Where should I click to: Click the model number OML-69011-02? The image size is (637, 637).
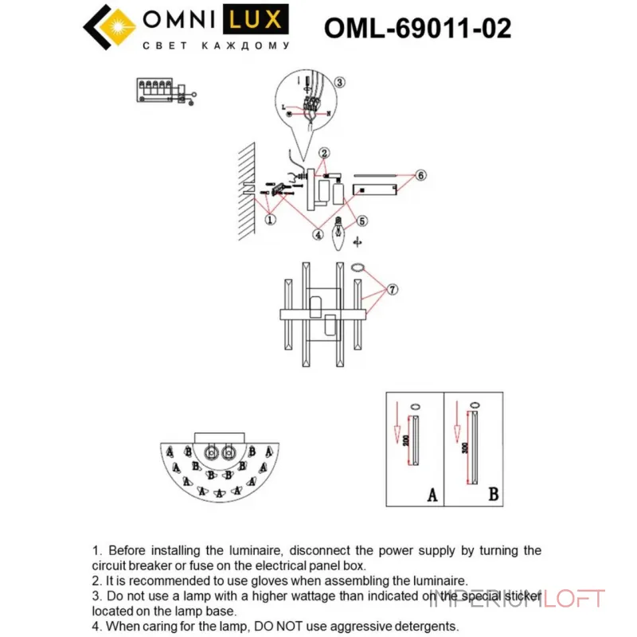point(417,29)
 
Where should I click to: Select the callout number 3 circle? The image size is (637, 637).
point(339,82)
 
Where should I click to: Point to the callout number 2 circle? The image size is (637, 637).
point(324,153)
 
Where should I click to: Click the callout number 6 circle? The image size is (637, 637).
point(421,174)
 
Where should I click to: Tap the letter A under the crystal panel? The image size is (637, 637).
point(432,495)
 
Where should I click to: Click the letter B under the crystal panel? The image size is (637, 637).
point(493,495)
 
